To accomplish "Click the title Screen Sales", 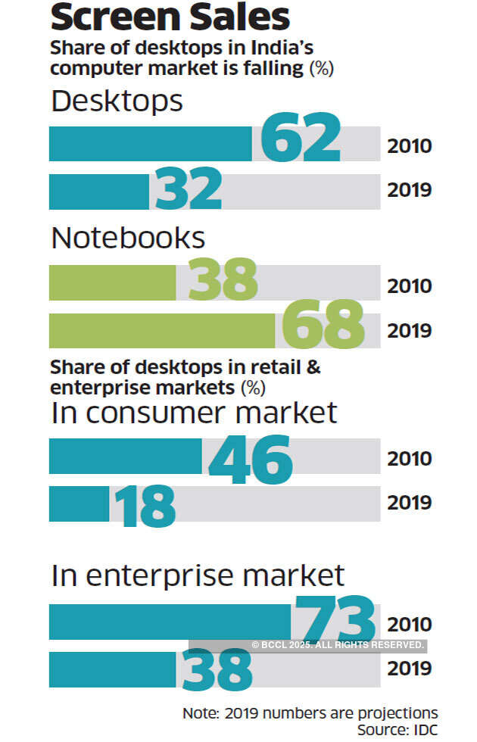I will (170, 17).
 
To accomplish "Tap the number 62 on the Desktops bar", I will (301, 137).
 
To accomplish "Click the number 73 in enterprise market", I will (335, 619).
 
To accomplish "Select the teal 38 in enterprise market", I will (217, 669).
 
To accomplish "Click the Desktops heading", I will (117, 101).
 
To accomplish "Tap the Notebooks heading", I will (128, 238).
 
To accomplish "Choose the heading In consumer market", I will (194, 413).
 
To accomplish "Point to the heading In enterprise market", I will (198, 575).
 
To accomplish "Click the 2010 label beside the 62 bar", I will (410, 145).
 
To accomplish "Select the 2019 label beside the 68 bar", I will (410, 331).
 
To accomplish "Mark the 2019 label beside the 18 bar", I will (410, 503).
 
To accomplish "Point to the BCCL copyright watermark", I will (337, 644).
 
